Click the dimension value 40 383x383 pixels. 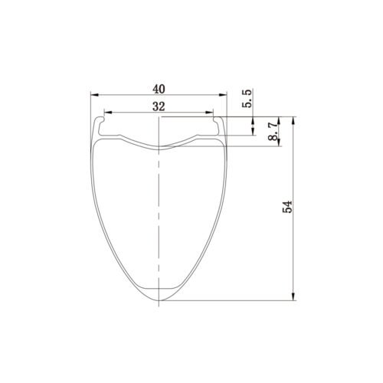(x=159, y=87)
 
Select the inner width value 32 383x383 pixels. (x=159, y=105)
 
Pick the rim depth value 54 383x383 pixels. (x=287, y=208)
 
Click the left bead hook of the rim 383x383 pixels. (x=98, y=122)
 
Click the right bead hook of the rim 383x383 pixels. (x=220, y=122)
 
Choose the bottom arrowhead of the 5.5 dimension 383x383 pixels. (x=254, y=132)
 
